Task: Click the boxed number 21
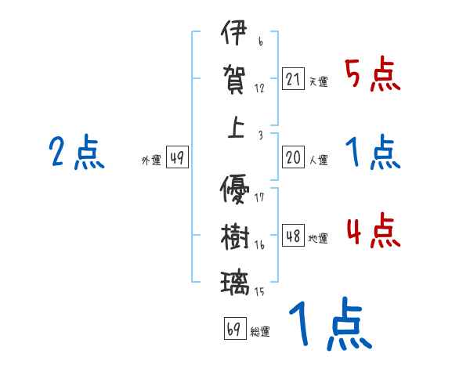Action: [x=294, y=80]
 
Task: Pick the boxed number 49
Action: [x=177, y=158]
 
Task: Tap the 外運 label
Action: [x=151, y=161]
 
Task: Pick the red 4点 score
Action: [x=372, y=231]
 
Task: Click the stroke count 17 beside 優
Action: [x=260, y=197]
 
